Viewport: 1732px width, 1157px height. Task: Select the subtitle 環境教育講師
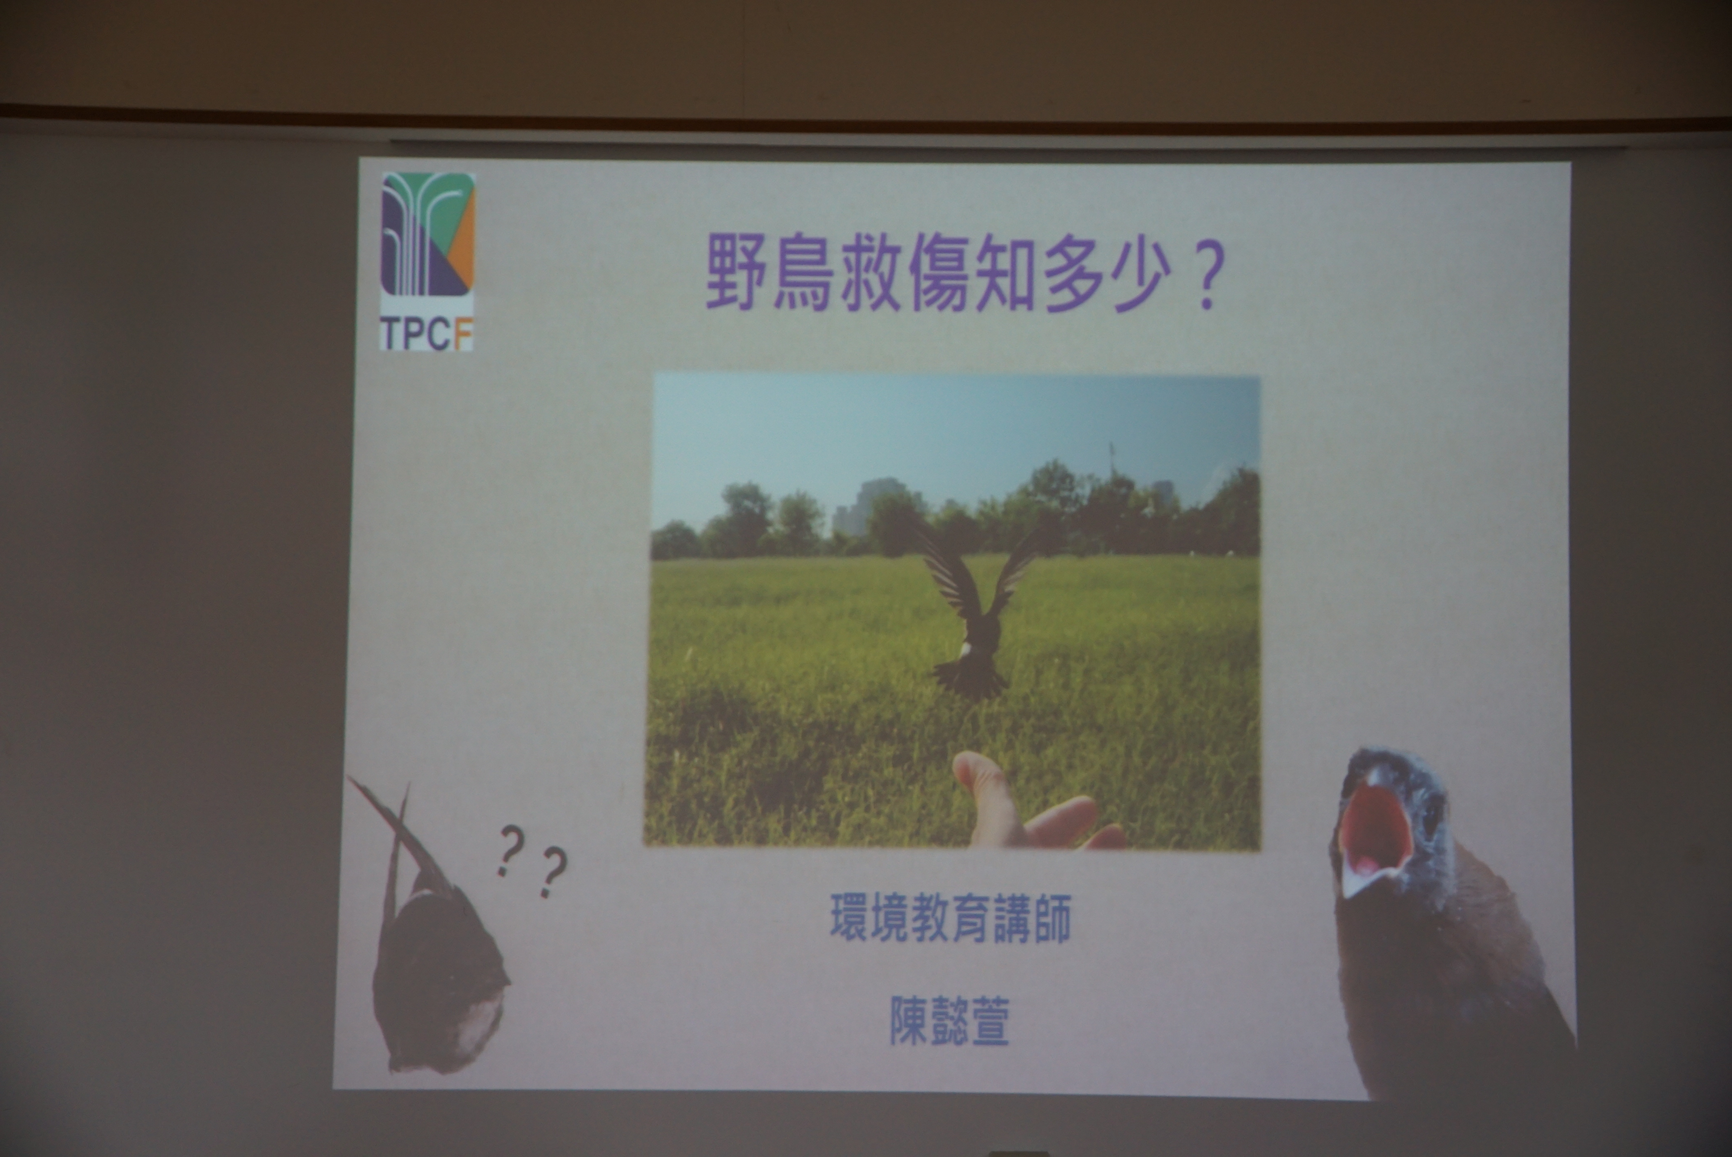click(x=950, y=918)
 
